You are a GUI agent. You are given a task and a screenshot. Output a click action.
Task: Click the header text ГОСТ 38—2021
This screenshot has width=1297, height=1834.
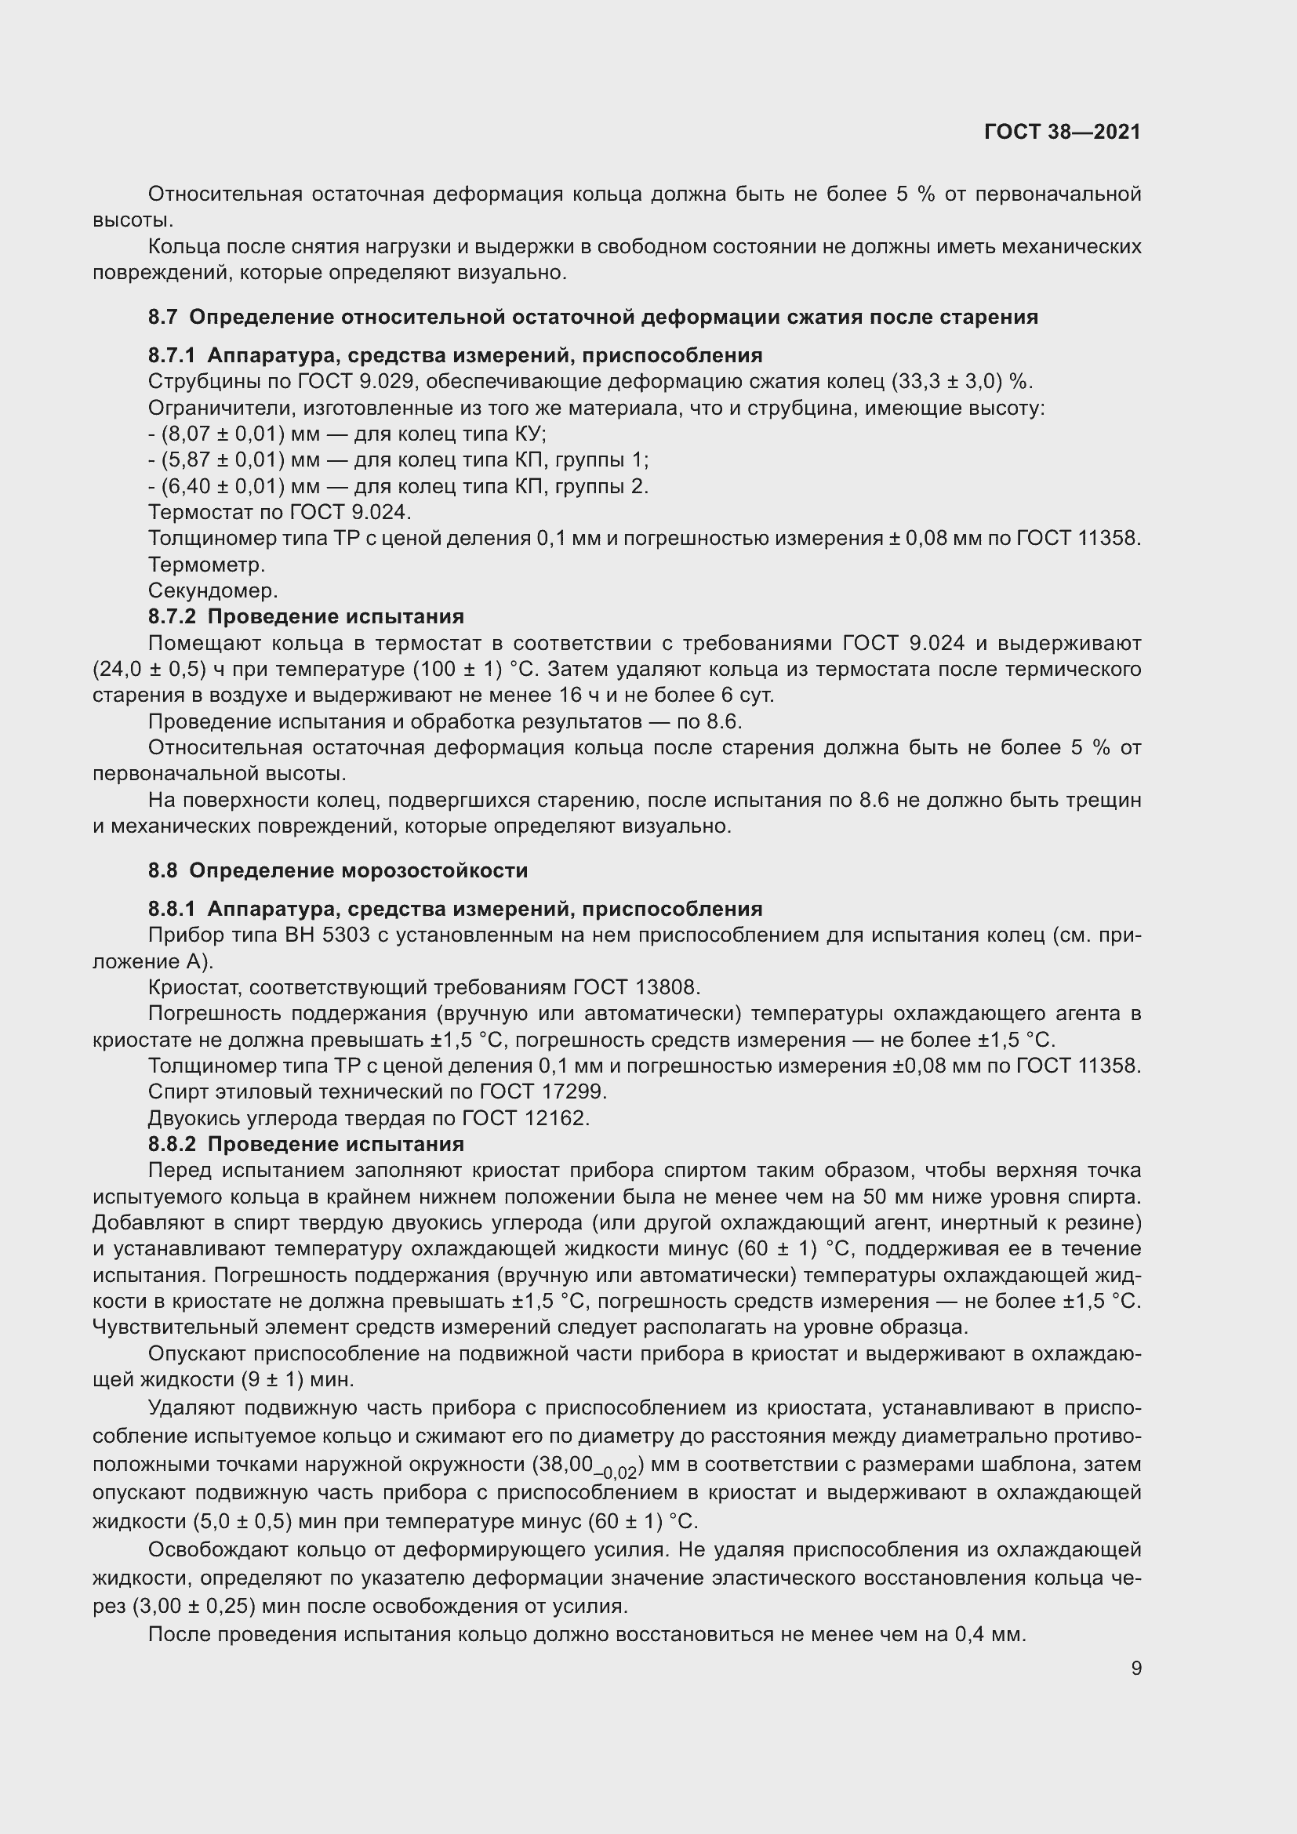1063,132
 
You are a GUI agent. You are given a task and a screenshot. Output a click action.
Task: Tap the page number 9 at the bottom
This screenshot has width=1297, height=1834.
1135,1669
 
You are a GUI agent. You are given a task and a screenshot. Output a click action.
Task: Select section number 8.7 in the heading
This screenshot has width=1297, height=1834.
162,317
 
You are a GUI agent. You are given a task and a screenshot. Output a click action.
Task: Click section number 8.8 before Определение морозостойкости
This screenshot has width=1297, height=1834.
162,870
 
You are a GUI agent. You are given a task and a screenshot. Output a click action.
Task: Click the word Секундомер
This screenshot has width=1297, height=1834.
213,591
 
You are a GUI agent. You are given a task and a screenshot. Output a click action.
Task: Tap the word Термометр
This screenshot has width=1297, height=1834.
206,565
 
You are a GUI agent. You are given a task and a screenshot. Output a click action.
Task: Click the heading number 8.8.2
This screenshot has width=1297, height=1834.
172,1144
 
